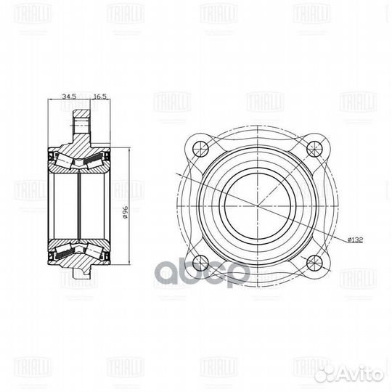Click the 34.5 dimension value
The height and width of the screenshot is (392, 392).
pos(70,95)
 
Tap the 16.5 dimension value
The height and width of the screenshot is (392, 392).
pos(100,95)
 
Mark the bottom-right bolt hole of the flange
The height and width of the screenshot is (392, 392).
pos(314,262)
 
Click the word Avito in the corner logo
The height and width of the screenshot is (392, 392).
pos(363,375)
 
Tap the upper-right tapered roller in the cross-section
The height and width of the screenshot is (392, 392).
pos(94,160)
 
